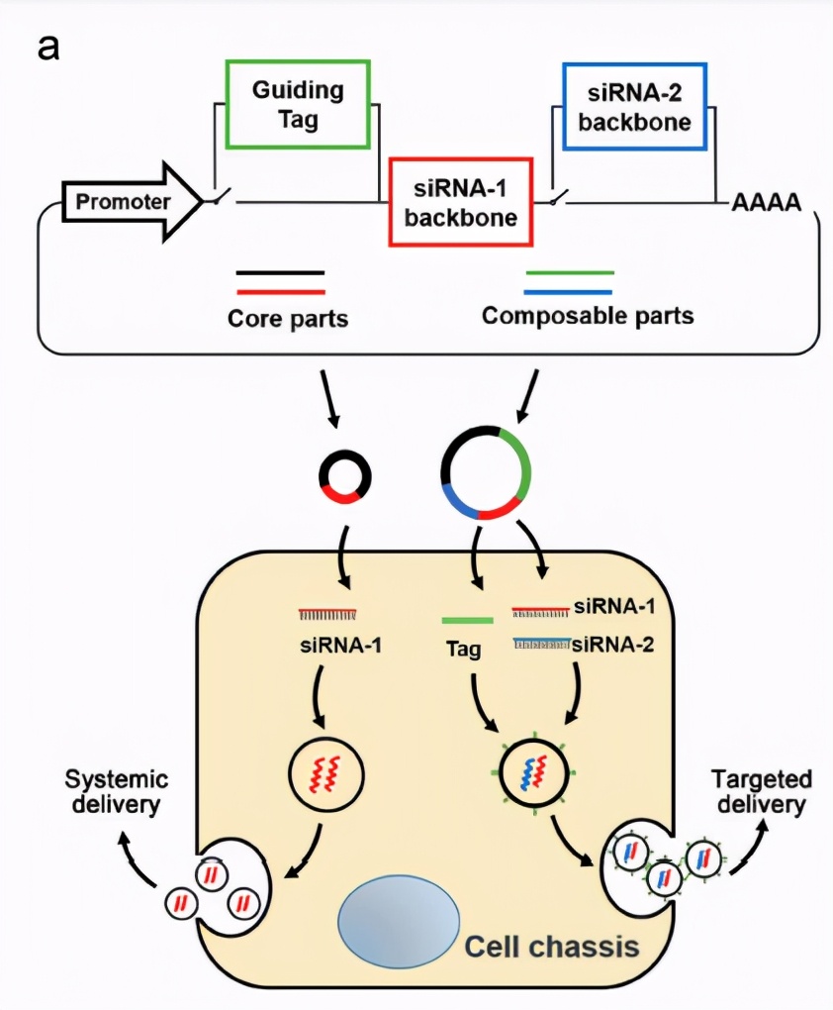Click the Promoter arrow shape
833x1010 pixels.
pyautogui.click(x=124, y=203)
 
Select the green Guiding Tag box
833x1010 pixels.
pyautogui.click(x=298, y=104)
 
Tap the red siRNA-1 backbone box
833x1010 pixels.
pyautogui.click(x=461, y=202)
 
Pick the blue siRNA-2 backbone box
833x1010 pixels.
pyautogui.click(x=635, y=106)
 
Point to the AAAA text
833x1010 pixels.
pyautogui.click(x=765, y=204)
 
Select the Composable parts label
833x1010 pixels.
pyautogui.click(x=588, y=317)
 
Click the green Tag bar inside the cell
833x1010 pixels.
pyautogui.click(x=467, y=621)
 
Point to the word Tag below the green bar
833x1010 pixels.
pyautogui.click(x=461, y=651)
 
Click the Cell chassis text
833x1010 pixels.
pyautogui.click(x=552, y=947)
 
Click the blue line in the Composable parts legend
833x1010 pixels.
pyautogui.click(x=569, y=292)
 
